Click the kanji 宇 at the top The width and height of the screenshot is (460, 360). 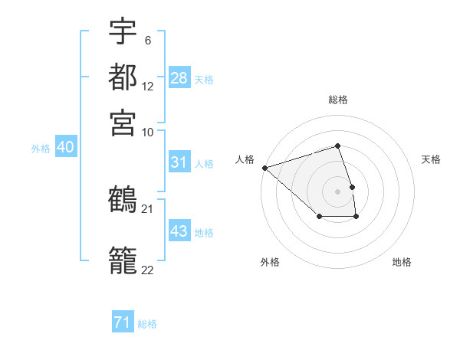(123, 33)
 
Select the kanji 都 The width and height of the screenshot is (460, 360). (123, 77)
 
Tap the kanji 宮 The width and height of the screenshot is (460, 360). (123, 122)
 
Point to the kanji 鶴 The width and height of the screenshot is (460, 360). (123, 200)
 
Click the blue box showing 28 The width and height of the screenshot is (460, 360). (179, 78)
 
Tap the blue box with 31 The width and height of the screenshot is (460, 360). (179, 162)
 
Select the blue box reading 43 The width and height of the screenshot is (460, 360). (179, 231)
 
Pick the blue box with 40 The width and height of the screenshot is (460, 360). (65, 148)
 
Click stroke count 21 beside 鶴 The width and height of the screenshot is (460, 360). (148, 208)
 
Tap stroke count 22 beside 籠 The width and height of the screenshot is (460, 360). (148, 270)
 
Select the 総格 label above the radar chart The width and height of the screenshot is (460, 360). (338, 100)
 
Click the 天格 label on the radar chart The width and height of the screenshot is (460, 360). (431, 159)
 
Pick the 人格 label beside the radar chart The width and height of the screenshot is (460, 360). (245, 159)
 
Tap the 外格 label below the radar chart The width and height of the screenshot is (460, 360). (270, 262)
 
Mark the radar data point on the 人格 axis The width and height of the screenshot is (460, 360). (264, 168)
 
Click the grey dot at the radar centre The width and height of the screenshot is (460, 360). (338, 191)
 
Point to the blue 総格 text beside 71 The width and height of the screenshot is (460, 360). (147, 324)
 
